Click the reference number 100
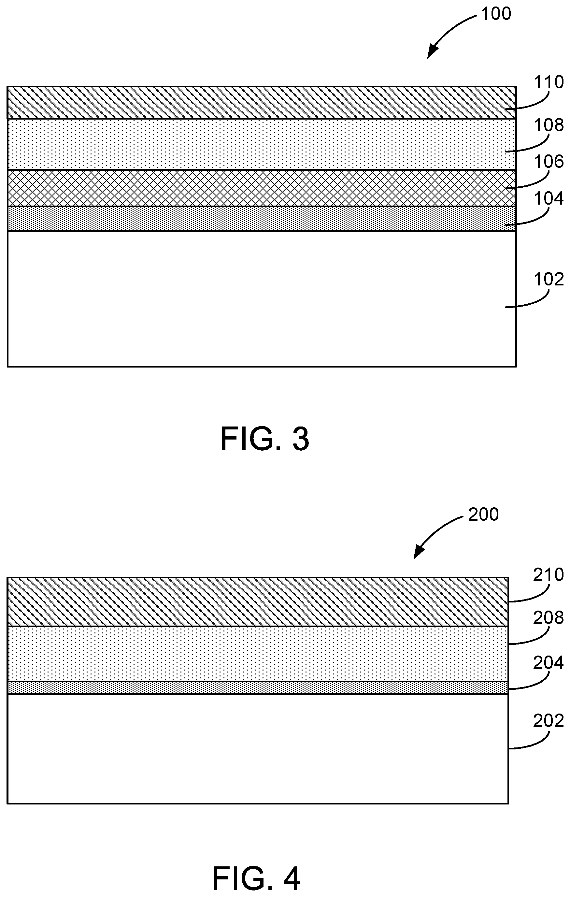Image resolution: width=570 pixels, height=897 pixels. (x=496, y=14)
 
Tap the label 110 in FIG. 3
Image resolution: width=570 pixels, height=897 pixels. (x=549, y=82)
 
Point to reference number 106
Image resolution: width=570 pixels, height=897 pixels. (x=549, y=162)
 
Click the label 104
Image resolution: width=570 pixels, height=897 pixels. (x=549, y=199)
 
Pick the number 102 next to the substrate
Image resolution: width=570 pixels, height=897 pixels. (x=549, y=279)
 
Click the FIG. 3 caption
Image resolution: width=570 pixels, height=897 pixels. (x=265, y=440)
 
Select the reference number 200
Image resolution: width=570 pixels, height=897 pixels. (x=483, y=514)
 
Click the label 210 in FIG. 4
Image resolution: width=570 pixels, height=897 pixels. (x=549, y=575)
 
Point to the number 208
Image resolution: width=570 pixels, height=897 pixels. (x=549, y=618)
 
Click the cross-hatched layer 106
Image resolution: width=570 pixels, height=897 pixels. (x=261, y=188)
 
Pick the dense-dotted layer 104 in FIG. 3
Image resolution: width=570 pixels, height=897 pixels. (x=261, y=219)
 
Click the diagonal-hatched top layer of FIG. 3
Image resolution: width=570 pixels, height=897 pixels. (x=261, y=102)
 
